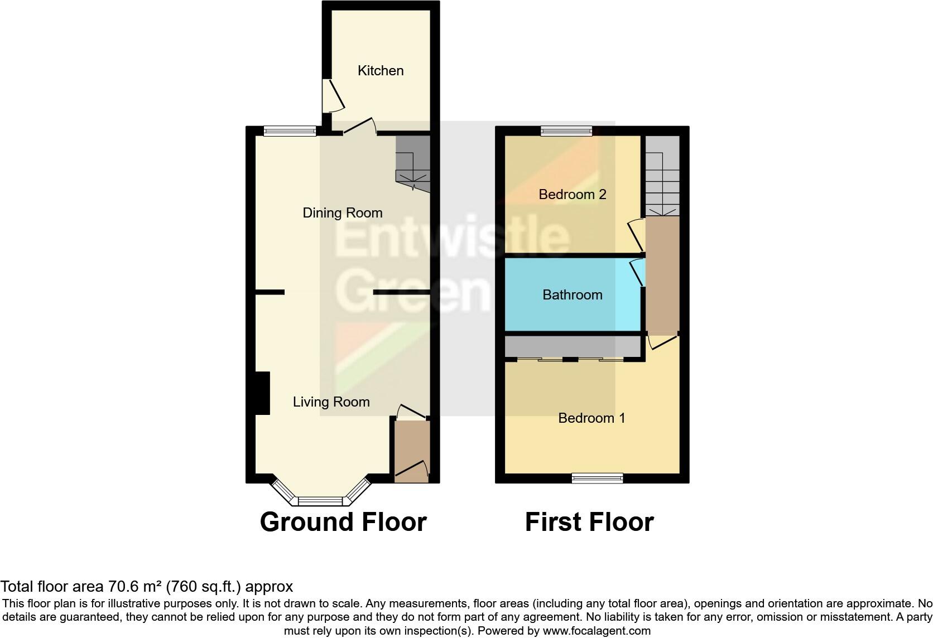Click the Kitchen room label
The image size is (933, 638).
[x=380, y=71]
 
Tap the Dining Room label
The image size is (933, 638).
[x=342, y=213]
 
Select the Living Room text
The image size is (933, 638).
[x=331, y=402]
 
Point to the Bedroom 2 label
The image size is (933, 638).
[x=572, y=195]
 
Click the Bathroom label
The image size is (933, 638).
[x=572, y=295]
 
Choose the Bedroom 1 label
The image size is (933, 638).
[x=591, y=418]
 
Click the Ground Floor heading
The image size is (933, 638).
[x=343, y=522]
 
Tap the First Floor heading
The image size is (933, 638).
[x=589, y=522]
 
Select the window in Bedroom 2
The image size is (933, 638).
[x=566, y=131]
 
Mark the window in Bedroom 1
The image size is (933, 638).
[x=597, y=478]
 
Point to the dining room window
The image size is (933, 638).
[x=290, y=131]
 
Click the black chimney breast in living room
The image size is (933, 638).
[x=262, y=393]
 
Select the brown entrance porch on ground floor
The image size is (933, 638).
[x=411, y=449]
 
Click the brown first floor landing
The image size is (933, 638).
[x=662, y=273]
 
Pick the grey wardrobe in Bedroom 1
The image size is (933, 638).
[x=572, y=347]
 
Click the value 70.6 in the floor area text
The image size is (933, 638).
[x=121, y=587]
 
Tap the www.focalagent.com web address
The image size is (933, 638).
[x=597, y=631]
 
